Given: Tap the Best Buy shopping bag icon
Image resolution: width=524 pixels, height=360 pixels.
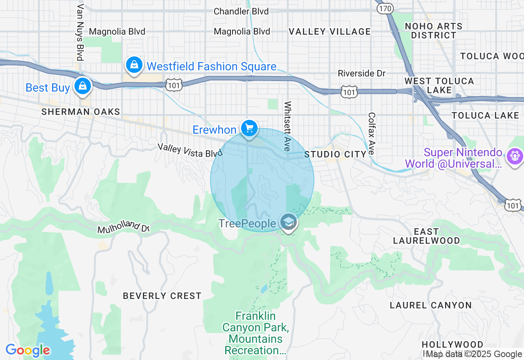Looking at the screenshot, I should (x=83, y=86).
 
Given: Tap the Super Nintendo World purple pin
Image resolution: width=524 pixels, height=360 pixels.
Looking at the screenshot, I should (x=515, y=156).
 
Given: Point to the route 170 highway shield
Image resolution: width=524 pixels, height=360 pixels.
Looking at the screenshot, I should (x=385, y=9).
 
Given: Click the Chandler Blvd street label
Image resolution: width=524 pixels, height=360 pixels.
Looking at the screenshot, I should (x=241, y=11).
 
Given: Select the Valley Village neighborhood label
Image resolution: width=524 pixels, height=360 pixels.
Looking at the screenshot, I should (x=330, y=32).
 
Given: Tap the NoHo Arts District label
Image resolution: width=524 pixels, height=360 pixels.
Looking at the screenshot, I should (x=434, y=31).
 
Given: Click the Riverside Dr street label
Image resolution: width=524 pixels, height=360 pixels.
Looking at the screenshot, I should (x=361, y=73).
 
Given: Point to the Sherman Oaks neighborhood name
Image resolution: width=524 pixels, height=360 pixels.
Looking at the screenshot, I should (x=81, y=112).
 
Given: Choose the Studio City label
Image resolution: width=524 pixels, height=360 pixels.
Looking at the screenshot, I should (x=335, y=154).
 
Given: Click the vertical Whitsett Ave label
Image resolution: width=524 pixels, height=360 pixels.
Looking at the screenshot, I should (x=288, y=126).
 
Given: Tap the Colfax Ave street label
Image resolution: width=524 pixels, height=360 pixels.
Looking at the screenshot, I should (x=372, y=133).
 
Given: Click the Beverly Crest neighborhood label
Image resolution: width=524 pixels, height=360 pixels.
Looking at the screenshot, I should (x=162, y=296).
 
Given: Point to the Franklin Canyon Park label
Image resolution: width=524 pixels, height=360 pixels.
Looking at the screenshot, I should (x=255, y=333).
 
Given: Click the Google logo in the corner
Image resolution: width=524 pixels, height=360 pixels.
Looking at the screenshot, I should (x=28, y=350).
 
